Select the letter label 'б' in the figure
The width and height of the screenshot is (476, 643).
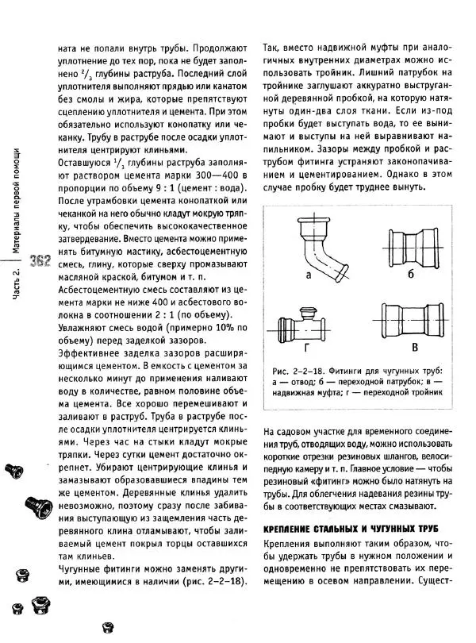(x=410, y=275)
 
